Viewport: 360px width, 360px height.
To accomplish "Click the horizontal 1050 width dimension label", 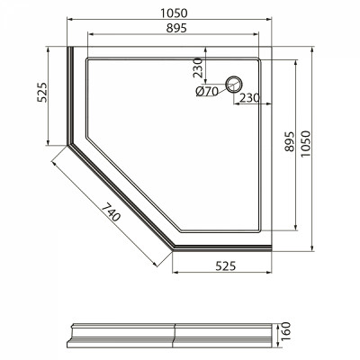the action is tap(174, 13).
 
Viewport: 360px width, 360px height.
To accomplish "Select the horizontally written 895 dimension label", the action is tap(176, 28).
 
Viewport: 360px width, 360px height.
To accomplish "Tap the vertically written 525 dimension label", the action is tap(42, 93).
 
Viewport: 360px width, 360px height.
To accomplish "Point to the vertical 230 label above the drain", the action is tap(198, 67).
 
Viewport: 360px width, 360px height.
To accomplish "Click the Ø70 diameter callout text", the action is tap(207, 91).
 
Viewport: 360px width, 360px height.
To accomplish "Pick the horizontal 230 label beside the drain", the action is tap(249, 97).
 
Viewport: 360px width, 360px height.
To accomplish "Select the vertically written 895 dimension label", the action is tap(289, 141).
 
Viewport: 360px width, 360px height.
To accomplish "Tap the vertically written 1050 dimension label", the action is tap(305, 144).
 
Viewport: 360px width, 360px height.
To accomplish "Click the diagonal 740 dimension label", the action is tap(111, 211).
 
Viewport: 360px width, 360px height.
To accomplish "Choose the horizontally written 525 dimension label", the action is tap(226, 265).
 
